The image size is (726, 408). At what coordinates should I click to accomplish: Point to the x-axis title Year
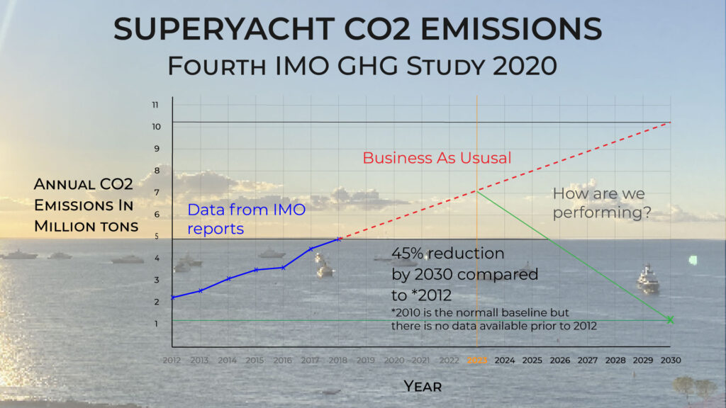point(423,386)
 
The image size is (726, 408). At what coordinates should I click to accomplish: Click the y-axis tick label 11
point(155,105)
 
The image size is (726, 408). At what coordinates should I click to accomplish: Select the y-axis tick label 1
point(155,324)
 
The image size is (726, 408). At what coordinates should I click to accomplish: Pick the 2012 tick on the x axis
point(172,360)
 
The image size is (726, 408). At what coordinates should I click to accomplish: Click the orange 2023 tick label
point(477,360)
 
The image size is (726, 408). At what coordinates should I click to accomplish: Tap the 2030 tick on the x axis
point(670,360)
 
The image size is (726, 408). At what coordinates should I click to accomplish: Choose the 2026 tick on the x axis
point(560,360)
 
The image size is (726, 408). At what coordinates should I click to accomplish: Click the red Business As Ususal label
point(437,158)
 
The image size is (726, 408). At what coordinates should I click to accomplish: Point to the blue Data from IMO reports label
point(238,219)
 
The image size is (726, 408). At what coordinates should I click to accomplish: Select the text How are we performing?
point(601,203)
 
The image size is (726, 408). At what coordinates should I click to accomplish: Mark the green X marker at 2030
point(670,319)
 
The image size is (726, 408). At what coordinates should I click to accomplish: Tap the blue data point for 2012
point(172,297)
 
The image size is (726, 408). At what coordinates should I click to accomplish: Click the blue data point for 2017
point(311,249)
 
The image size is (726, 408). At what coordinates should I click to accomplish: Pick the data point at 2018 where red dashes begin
point(339,239)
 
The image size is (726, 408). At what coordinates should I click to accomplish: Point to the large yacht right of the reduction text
point(647,279)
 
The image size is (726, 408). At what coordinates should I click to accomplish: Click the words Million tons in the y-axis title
point(86,227)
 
